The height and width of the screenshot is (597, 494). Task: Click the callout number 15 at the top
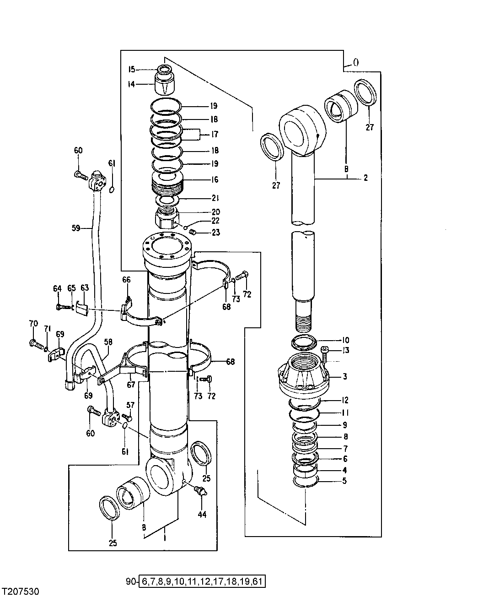tap(132, 70)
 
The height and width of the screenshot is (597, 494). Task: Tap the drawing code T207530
tap(21, 591)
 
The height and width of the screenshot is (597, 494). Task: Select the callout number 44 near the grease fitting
tap(202, 514)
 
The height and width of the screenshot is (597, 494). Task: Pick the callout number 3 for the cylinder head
tap(344, 376)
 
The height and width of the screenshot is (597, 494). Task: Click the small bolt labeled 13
tap(325, 351)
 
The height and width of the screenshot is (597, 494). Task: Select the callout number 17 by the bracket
tap(214, 135)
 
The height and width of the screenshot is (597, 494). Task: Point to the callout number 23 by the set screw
tap(215, 233)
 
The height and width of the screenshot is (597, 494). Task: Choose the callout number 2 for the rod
tap(365, 178)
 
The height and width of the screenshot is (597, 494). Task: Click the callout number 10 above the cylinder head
tap(345, 340)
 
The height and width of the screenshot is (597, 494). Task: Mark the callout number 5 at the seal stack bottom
tap(344, 481)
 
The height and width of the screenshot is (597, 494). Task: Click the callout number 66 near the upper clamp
tap(126, 280)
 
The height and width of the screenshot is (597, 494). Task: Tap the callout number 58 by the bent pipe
tap(108, 342)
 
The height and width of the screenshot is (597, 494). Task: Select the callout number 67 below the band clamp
tap(131, 385)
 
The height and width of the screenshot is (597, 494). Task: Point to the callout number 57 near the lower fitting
tap(130, 405)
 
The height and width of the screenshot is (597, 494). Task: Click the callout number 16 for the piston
tap(214, 180)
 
